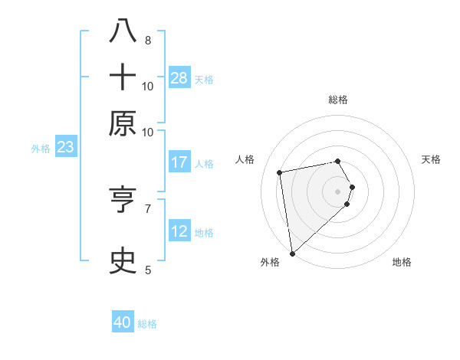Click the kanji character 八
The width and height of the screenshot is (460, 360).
pos(123,31)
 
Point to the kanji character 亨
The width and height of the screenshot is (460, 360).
pos(123,200)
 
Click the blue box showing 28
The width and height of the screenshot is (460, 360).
pos(179,78)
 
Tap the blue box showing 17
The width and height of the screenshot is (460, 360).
pos(179,162)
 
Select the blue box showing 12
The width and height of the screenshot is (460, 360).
pos(179,231)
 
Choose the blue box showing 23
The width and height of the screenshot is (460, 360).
pos(65,147)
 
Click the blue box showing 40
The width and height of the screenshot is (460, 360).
pos(123,322)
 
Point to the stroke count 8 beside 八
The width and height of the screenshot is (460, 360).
pos(147,40)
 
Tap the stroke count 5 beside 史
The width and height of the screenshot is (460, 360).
pos(147,269)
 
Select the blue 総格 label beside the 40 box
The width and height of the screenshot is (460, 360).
pos(147,324)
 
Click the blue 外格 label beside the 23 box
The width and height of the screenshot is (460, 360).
pos(40,149)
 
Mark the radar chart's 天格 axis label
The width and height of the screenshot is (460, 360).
pos(431,159)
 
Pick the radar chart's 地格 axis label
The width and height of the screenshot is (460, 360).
pos(402,262)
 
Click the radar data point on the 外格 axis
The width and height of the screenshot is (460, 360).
pos(292,253)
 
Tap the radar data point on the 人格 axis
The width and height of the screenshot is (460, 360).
pos(280,172)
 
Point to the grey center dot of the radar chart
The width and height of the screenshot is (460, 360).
pos(337,191)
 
